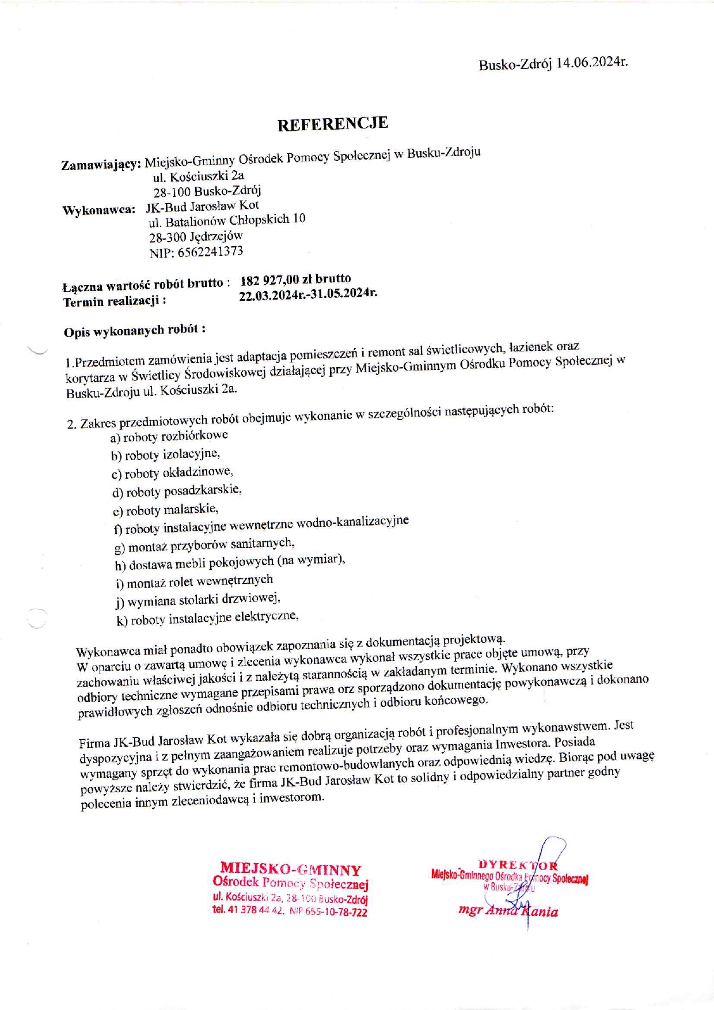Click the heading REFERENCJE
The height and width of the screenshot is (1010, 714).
[x=332, y=124]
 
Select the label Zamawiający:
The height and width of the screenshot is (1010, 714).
[x=101, y=165]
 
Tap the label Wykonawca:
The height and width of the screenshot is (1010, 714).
[x=98, y=210]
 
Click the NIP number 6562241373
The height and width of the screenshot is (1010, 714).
[x=211, y=252]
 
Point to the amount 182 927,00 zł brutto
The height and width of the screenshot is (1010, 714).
[x=295, y=279]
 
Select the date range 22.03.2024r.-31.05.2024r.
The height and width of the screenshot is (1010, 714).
[x=308, y=294]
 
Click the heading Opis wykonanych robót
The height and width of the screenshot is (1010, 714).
[x=134, y=331]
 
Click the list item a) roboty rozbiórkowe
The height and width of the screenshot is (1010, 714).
[x=169, y=436]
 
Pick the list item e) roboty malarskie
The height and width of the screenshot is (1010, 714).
[x=165, y=510]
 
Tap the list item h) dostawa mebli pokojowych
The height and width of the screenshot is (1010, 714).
[x=230, y=562]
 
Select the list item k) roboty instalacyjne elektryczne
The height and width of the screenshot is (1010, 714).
[x=207, y=618]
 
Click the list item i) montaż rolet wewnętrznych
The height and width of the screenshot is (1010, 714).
[x=194, y=581]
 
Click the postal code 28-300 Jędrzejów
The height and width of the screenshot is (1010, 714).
[x=196, y=236]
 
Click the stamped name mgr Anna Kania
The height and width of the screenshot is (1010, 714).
[x=508, y=911]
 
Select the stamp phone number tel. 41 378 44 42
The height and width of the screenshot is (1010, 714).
[x=248, y=910]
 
